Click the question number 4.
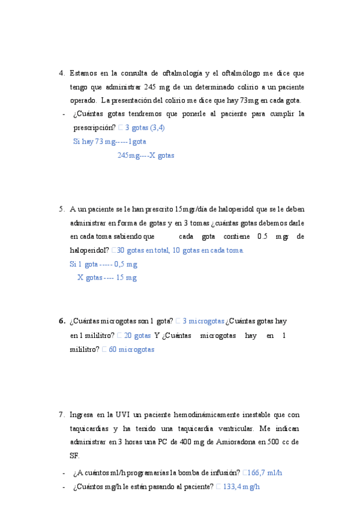tap(62, 73)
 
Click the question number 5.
tap(62, 209)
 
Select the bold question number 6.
tap(62, 321)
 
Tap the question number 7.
tap(62, 415)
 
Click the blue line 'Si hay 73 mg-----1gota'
tap(110, 142)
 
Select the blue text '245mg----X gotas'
tap(146, 155)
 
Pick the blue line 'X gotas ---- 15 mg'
tap(107, 277)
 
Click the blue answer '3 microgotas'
tap(203, 321)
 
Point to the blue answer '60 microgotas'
tap(131, 349)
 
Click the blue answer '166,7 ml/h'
tap(263, 472)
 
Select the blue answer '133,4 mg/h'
tap(241, 487)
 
